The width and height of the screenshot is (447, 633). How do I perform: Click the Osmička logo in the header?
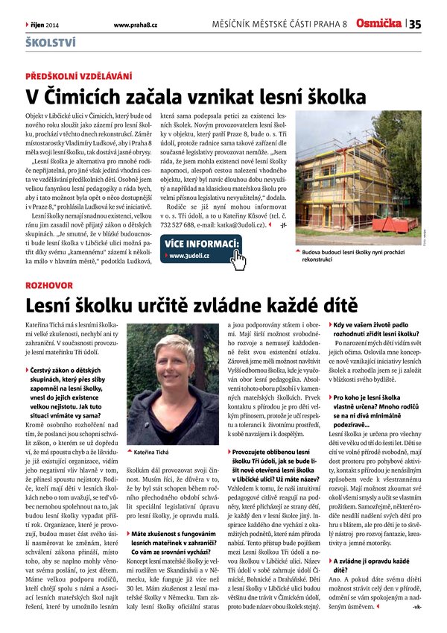pos(378,24)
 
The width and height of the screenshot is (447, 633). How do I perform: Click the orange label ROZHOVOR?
pos(49,286)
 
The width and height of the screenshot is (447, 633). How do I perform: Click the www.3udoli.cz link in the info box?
pos(190,257)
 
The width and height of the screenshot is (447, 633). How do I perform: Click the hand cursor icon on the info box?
pos(238,260)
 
